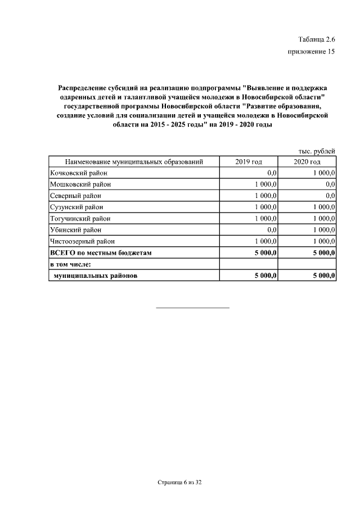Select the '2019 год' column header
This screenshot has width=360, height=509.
pos(249,162)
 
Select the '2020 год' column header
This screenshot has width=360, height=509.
pos(307,162)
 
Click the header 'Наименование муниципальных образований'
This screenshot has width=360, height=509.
pos(134,162)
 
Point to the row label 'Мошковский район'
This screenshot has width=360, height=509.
pos(80,184)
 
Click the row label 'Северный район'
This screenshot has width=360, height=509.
pos(75,196)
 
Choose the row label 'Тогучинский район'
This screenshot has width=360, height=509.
pos(80,218)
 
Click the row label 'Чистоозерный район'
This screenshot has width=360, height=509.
pos(82,241)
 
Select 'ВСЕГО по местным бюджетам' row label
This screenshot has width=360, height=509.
pos(101,253)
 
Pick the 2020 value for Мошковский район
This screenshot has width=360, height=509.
pos(330,184)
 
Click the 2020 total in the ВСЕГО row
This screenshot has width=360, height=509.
pos(324,253)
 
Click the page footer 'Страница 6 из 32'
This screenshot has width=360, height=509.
pos(179,483)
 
